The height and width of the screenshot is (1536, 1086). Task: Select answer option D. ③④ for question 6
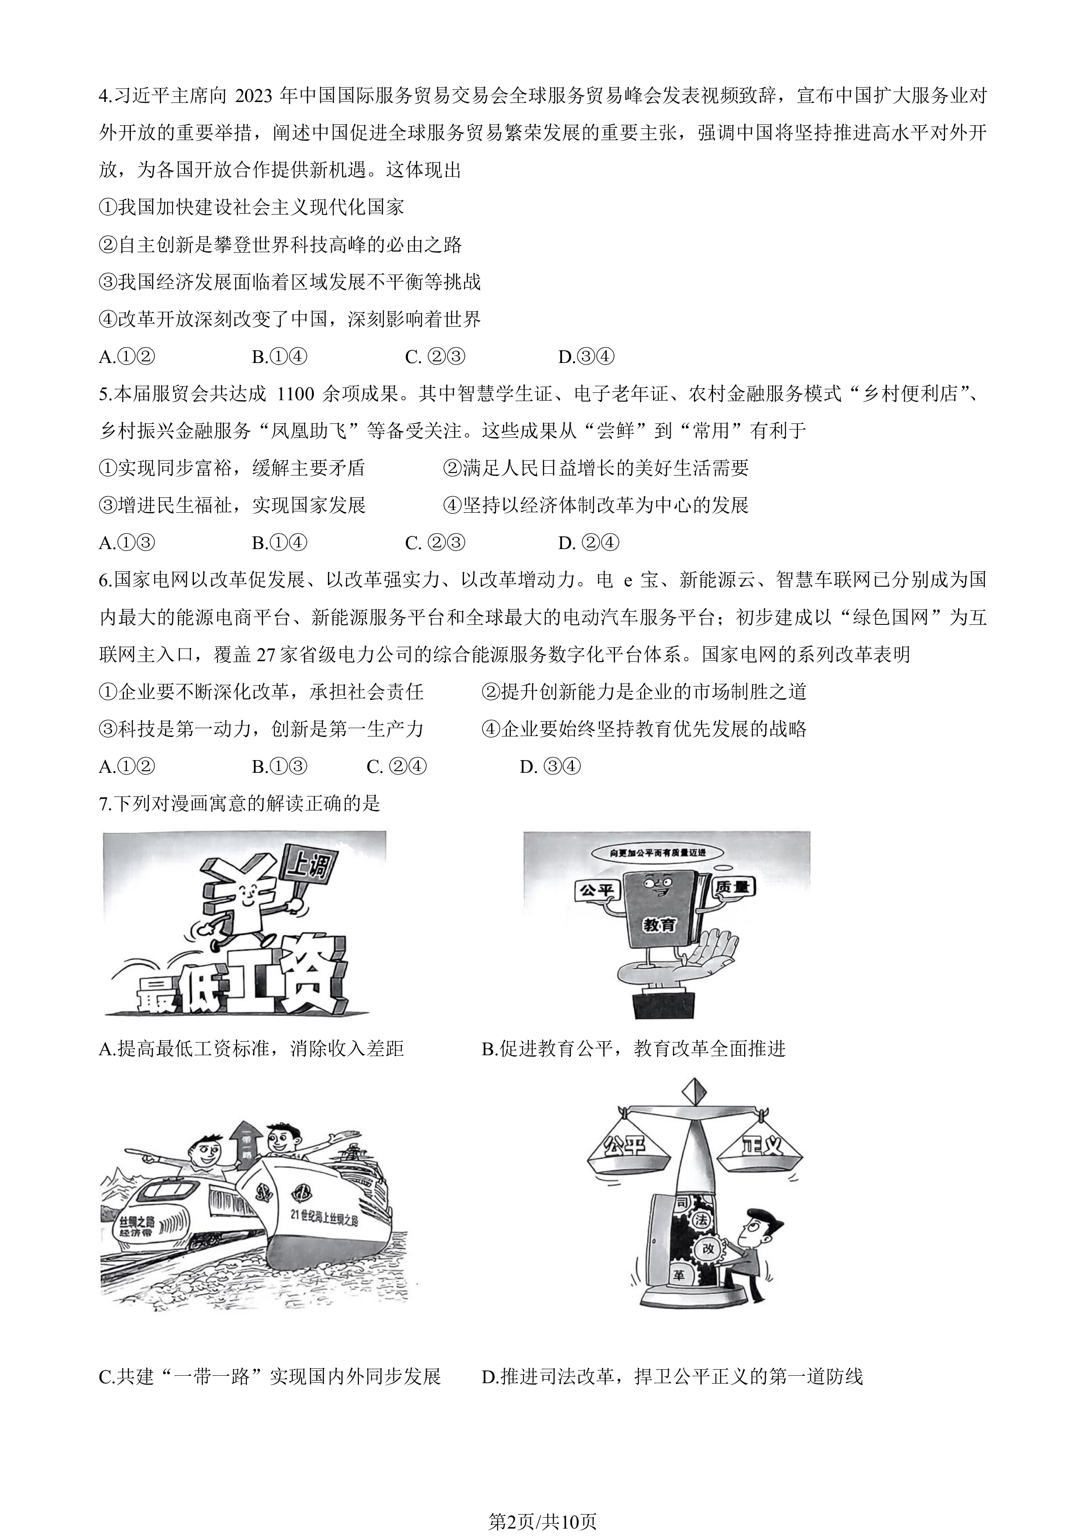click(550, 767)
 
